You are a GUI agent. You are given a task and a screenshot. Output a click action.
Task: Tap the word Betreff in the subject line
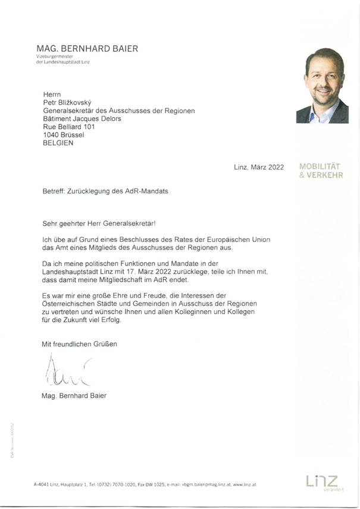click(47, 193)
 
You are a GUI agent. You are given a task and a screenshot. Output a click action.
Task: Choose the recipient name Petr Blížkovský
click(68, 102)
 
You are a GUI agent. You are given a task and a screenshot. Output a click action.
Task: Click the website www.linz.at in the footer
click(245, 485)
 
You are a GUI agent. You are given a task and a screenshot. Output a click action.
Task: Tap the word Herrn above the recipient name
click(52, 94)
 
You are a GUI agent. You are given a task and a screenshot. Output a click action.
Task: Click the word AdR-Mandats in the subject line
click(157, 193)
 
